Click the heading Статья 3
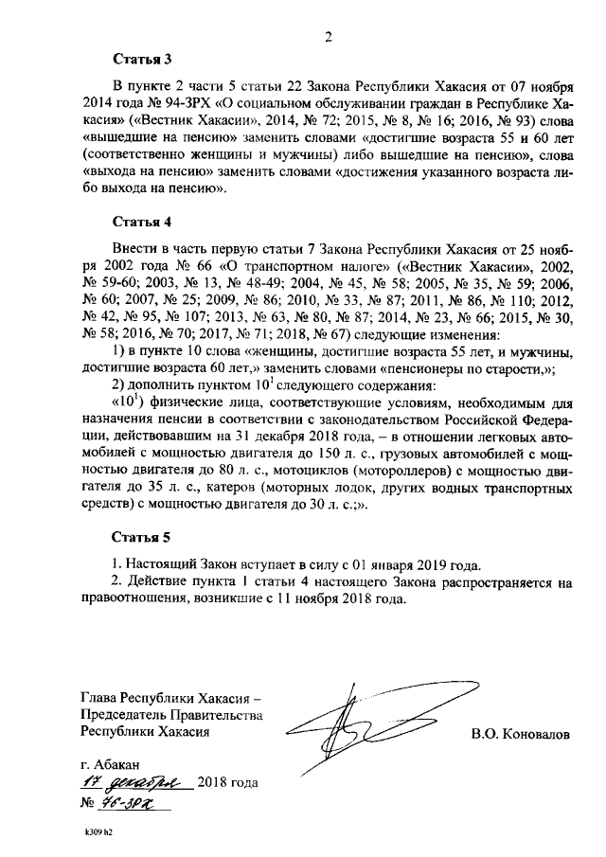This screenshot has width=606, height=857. [x=142, y=59]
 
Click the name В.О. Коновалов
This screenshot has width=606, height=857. [x=521, y=734]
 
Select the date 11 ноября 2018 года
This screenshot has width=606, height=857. [x=339, y=599]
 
